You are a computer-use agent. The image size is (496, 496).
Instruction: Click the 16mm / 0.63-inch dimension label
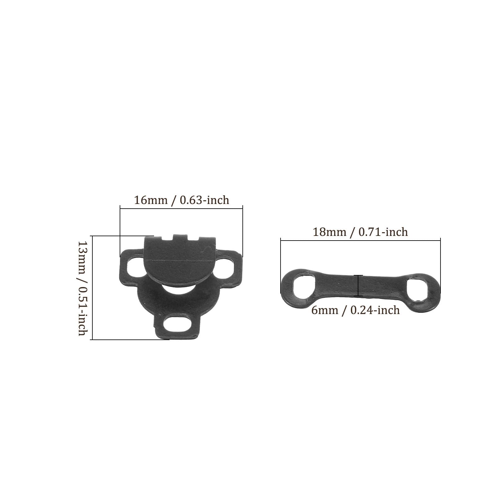point(181,200)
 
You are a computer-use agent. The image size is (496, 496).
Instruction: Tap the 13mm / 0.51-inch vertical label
point(83,289)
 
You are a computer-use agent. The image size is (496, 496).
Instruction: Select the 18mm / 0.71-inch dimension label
point(360,232)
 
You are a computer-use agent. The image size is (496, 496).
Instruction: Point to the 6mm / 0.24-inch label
point(356,310)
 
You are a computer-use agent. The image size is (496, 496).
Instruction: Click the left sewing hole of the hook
point(135,266)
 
